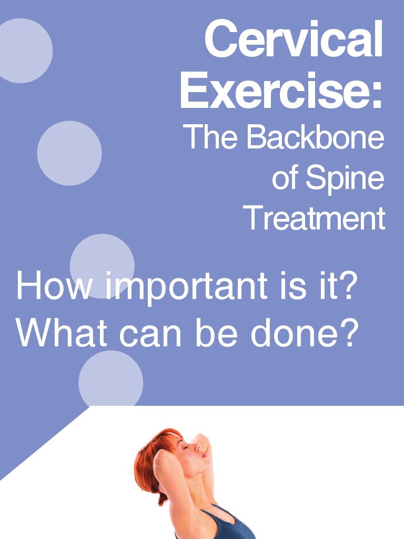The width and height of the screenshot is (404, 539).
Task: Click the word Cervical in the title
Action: pos(294,39)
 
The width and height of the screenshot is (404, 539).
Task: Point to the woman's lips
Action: pos(204,456)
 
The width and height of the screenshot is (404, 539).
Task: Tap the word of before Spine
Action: pos(285,179)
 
